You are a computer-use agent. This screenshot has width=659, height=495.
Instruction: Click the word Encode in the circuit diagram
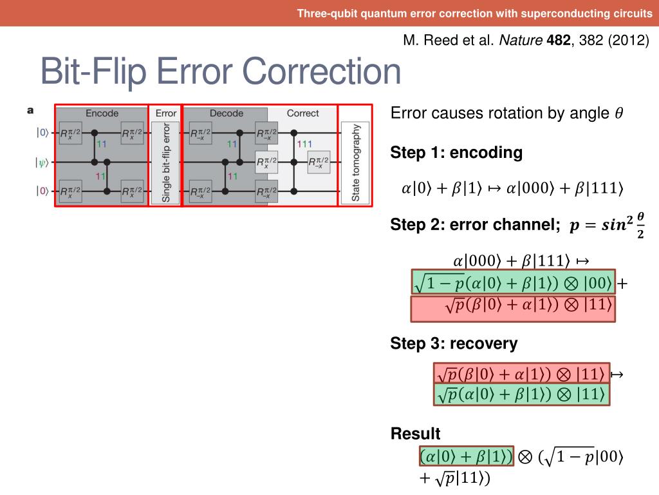tap(102, 113)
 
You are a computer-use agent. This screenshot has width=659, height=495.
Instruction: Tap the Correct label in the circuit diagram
tap(302, 113)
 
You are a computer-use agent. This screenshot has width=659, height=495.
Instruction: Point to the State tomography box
tap(355, 162)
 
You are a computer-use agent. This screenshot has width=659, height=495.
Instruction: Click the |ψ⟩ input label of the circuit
tap(41, 162)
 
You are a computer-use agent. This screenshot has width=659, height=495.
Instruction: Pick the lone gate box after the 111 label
tap(319, 162)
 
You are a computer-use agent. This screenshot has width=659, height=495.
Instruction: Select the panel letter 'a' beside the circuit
tap(30, 111)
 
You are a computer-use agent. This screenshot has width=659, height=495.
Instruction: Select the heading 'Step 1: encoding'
tap(456, 153)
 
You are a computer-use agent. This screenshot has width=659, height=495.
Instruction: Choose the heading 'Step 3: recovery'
tap(454, 344)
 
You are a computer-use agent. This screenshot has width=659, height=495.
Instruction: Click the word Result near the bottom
tap(415, 434)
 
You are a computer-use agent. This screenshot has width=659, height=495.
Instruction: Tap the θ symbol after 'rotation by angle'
tap(618, 114)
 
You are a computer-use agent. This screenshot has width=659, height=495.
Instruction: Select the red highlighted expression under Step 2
tap(513, 307)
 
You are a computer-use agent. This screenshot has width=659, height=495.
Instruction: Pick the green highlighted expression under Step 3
tap(521, 394)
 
